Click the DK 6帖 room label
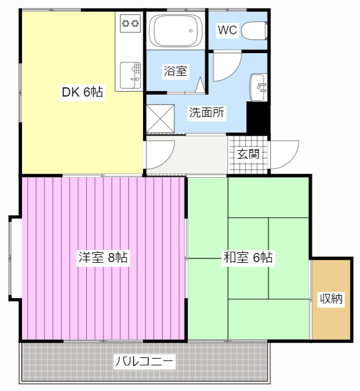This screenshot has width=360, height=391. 83,92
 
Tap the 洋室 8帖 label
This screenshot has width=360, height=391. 103,257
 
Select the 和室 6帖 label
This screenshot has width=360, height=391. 248,257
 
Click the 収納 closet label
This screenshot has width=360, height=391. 331,298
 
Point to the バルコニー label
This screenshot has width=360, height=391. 144,361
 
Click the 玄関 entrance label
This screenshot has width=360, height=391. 248,154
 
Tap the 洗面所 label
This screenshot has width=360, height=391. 207,112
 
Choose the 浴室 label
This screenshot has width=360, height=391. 175,71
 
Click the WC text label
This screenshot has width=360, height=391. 227,30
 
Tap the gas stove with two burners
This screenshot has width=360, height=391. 130,23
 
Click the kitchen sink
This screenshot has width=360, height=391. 130,75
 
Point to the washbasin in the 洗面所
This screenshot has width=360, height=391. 259,87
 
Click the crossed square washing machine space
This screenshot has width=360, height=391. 160,119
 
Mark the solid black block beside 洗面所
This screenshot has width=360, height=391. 258,118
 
